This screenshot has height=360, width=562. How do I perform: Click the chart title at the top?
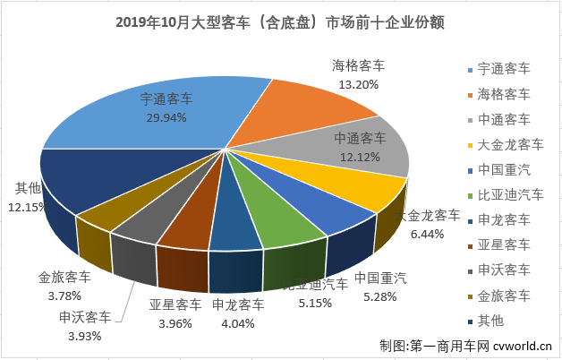(x=281, y=20)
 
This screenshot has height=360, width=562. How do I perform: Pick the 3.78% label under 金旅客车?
(x=64, y=295)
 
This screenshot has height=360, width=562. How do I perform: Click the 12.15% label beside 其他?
(x=28, y=207)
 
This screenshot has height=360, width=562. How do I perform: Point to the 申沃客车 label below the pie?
(x=86, y=317)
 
